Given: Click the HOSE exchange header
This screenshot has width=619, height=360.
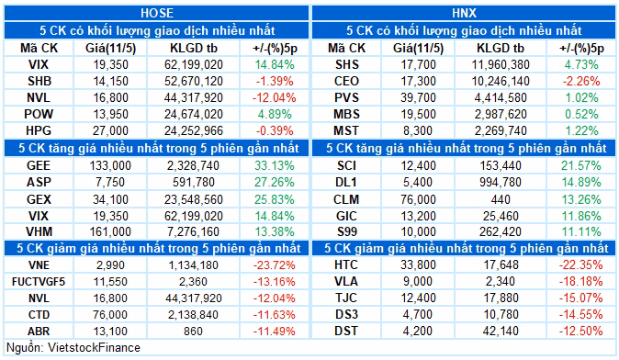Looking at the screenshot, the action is click(x=157, y=13).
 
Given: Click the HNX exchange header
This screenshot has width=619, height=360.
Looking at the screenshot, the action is click(x=465, y=13).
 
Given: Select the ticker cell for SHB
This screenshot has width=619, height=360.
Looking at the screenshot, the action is click(x=39, y=82).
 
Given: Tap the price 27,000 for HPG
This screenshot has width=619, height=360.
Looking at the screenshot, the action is click(x=110, y=130).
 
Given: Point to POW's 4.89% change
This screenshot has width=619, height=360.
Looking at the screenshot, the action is click(x=275, y=115).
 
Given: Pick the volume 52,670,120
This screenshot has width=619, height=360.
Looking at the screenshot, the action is click(x=194, y=82).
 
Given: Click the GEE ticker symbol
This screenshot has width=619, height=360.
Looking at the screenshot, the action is click(x=39, y=166).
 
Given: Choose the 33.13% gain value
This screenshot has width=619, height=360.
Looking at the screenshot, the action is click(x=275, y=166).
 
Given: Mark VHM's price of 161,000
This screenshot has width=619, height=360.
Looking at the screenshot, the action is click(x=110, y=231).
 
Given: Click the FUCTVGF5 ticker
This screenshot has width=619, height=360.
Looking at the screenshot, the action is click(x=39, y=282).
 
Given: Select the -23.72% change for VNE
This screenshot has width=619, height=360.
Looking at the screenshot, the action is click(x=274, y=265).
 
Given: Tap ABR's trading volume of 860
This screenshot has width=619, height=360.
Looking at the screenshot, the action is click(x=193, y=332).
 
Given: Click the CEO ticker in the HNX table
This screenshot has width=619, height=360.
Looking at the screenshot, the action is click(x=346, y=82).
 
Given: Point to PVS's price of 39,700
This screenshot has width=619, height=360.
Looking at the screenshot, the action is click(x=418, y=98).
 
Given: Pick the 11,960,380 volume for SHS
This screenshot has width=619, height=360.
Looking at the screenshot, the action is click(x=501, y=64).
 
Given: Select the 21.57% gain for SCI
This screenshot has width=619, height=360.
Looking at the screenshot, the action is click(x=581, y=166).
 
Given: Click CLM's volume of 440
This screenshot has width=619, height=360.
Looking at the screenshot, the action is click(x=501, y=199).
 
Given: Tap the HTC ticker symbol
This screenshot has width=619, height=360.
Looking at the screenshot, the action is click(x=346, y=264).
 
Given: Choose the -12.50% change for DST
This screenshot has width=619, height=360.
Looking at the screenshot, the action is click(x=580, y=331).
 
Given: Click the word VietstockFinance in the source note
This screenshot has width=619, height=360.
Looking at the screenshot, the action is click(x=94, y=348).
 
